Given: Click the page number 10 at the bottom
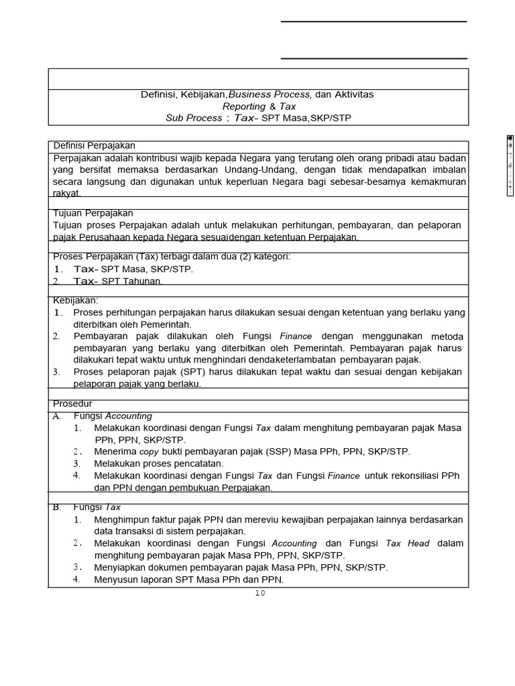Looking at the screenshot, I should [x=260, y=592].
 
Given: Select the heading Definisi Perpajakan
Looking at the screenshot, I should [x=95, y=145].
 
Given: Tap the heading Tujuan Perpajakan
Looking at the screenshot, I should [x=93, y=213].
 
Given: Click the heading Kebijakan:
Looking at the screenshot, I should [x=76, y=300].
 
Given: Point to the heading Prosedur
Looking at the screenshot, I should [x=72, y=403].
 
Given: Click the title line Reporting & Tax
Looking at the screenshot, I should [x=259, y=106].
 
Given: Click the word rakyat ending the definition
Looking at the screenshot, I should [x=66, y=193].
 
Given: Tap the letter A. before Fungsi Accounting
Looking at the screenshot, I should [x=57, y=415].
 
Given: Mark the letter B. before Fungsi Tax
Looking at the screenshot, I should [x=57, y=507].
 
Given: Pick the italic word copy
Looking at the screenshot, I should [x=149, y=452].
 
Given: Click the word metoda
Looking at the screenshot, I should [x=447, y=336].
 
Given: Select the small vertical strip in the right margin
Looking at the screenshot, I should [x=510, y=165].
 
